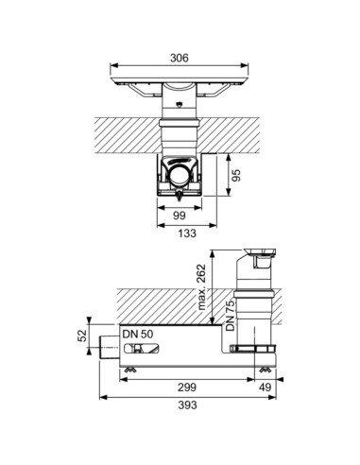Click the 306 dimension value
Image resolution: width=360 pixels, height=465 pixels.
pos(180,58)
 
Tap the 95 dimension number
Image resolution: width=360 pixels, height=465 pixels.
pos(236,175)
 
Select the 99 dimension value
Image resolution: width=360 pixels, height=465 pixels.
pos(180,215)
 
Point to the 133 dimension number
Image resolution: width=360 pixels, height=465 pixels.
pos(187,233)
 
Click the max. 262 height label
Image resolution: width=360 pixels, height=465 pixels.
pos(201,287)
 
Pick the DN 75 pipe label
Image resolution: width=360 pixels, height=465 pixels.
pos(231,316)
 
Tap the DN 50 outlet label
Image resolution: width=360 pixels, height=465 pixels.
pos(138,334)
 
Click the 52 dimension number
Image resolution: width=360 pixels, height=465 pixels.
pos(82,336)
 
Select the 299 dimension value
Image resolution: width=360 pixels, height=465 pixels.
pos(187,387)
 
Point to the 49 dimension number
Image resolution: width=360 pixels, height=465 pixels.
pos(265,387)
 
